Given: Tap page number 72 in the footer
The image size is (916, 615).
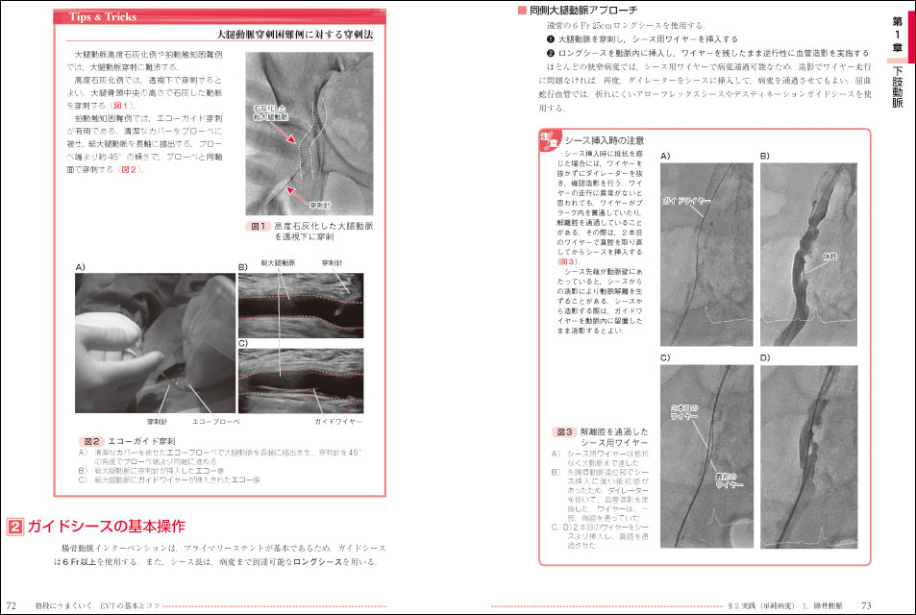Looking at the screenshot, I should [11, 605].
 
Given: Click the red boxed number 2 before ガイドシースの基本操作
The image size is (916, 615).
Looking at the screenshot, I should [15, 527].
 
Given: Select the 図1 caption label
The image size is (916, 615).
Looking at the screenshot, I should [257, 226].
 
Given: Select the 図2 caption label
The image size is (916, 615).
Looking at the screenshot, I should [91, 440].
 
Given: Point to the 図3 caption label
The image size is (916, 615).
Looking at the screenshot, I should [564, 432].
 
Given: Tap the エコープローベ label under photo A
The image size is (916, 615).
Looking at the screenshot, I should [216, 421].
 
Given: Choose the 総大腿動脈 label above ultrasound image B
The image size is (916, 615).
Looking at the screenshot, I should [278, 262].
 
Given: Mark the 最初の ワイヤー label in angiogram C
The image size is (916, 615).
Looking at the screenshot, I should [727, 480].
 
